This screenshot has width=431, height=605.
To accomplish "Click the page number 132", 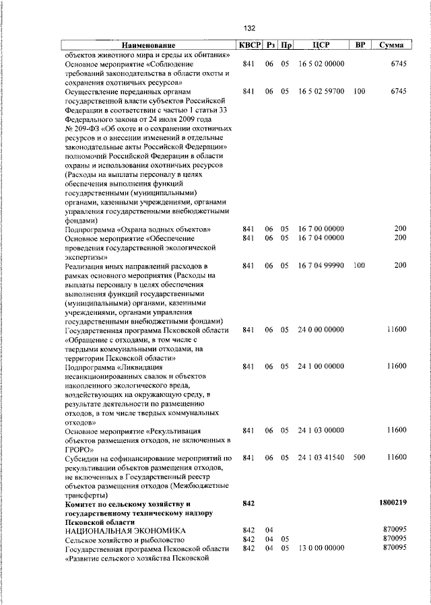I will (x=249, y=28).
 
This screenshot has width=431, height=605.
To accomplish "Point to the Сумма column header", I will (x=391, y=45).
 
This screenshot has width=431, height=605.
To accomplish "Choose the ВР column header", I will (x=360, y=45).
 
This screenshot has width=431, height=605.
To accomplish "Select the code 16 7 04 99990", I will (x=321, y=266).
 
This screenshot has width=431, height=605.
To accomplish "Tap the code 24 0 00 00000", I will (x=321, y=330).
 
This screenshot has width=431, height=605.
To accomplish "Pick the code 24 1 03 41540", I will (x=321, y=458).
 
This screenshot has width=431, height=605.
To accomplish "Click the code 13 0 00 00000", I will (x=321, y=548).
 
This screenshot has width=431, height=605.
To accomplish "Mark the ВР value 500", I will (x=359, y=458).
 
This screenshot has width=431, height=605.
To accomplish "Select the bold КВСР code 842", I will (x=248, y=503).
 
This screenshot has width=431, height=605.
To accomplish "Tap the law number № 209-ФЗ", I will (x=84, y=128).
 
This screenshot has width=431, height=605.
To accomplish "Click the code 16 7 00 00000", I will (x=321, y=229).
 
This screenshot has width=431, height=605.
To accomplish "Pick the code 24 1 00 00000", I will (x=321, y=366).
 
